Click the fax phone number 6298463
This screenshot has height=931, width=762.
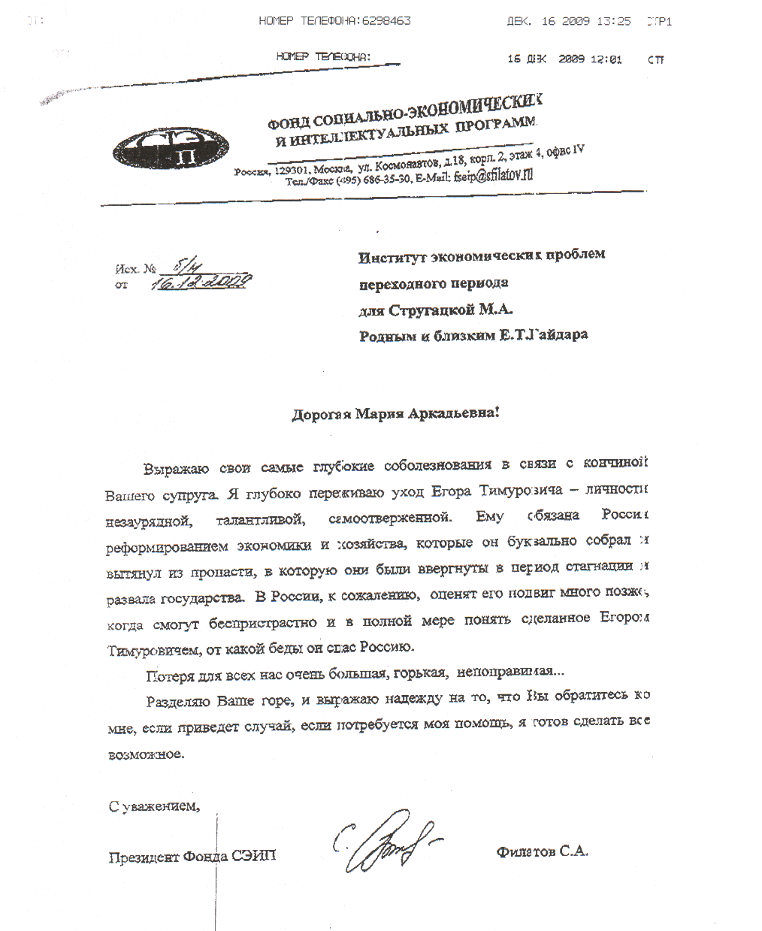click(386, 21)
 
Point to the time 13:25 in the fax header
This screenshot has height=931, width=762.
click(613, 21)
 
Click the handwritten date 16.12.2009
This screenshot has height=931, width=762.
click(201, 282)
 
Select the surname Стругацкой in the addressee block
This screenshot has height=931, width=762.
click(437, 310)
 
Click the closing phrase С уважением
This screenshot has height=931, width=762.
click(154, 807)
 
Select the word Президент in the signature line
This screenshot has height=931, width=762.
click(144, 856)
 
